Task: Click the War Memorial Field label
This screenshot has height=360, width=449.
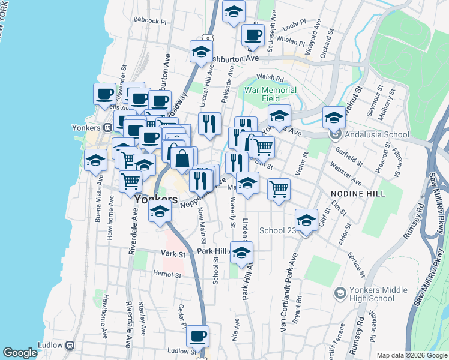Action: [x=270, y=94]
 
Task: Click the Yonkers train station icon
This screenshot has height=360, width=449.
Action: [x=107, y=127]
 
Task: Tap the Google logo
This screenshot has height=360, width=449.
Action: [x=20, y=353]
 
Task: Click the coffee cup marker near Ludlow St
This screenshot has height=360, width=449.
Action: [x=197, y=337]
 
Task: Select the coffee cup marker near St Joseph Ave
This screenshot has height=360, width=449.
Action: [x=253, y=35]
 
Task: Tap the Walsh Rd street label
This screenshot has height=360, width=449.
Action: [x=270, y=77]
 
